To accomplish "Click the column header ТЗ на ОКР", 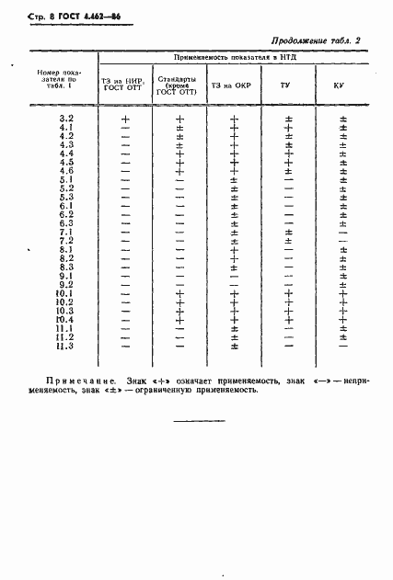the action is tap(231, 85).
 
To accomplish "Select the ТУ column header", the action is tap(288, 85).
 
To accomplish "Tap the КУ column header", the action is tap(342, 85).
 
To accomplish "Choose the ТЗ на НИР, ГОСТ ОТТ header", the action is tap(125, 85).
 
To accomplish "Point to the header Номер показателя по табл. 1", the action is tap(57, 80).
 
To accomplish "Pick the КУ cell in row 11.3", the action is tap(342, 346).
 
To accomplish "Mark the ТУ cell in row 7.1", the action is tap(288, 232).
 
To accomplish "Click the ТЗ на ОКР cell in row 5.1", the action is tap(234, 179).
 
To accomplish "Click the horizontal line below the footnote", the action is tap(199, 421).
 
